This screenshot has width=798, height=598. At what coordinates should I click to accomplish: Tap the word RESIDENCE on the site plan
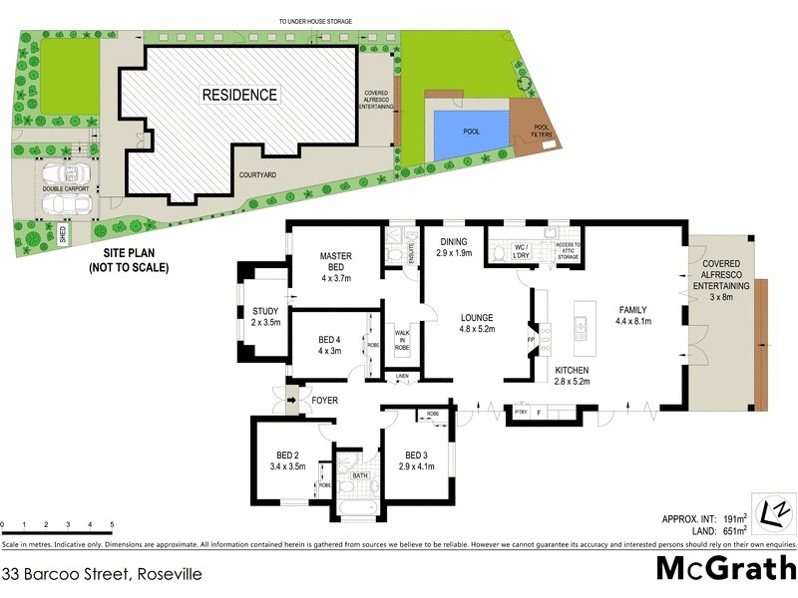pyautogui.click(x=240, y=96)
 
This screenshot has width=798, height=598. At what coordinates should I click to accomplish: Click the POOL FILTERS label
pyautogui.click(x=542, y=131)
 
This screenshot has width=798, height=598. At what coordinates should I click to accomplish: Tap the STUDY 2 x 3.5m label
pyautogui.click(x=265, y=317)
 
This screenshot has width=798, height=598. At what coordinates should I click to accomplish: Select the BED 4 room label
pyautogui.click(x=329, y=345)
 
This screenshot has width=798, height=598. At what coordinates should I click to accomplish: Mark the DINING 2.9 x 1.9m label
pyautogui.click(x=454, y=247)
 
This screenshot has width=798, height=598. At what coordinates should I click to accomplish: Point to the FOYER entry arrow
pyautogui.click(x=291, y=402)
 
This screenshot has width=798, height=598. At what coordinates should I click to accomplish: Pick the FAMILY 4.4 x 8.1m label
pyautogui.click(x=633, y=316)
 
